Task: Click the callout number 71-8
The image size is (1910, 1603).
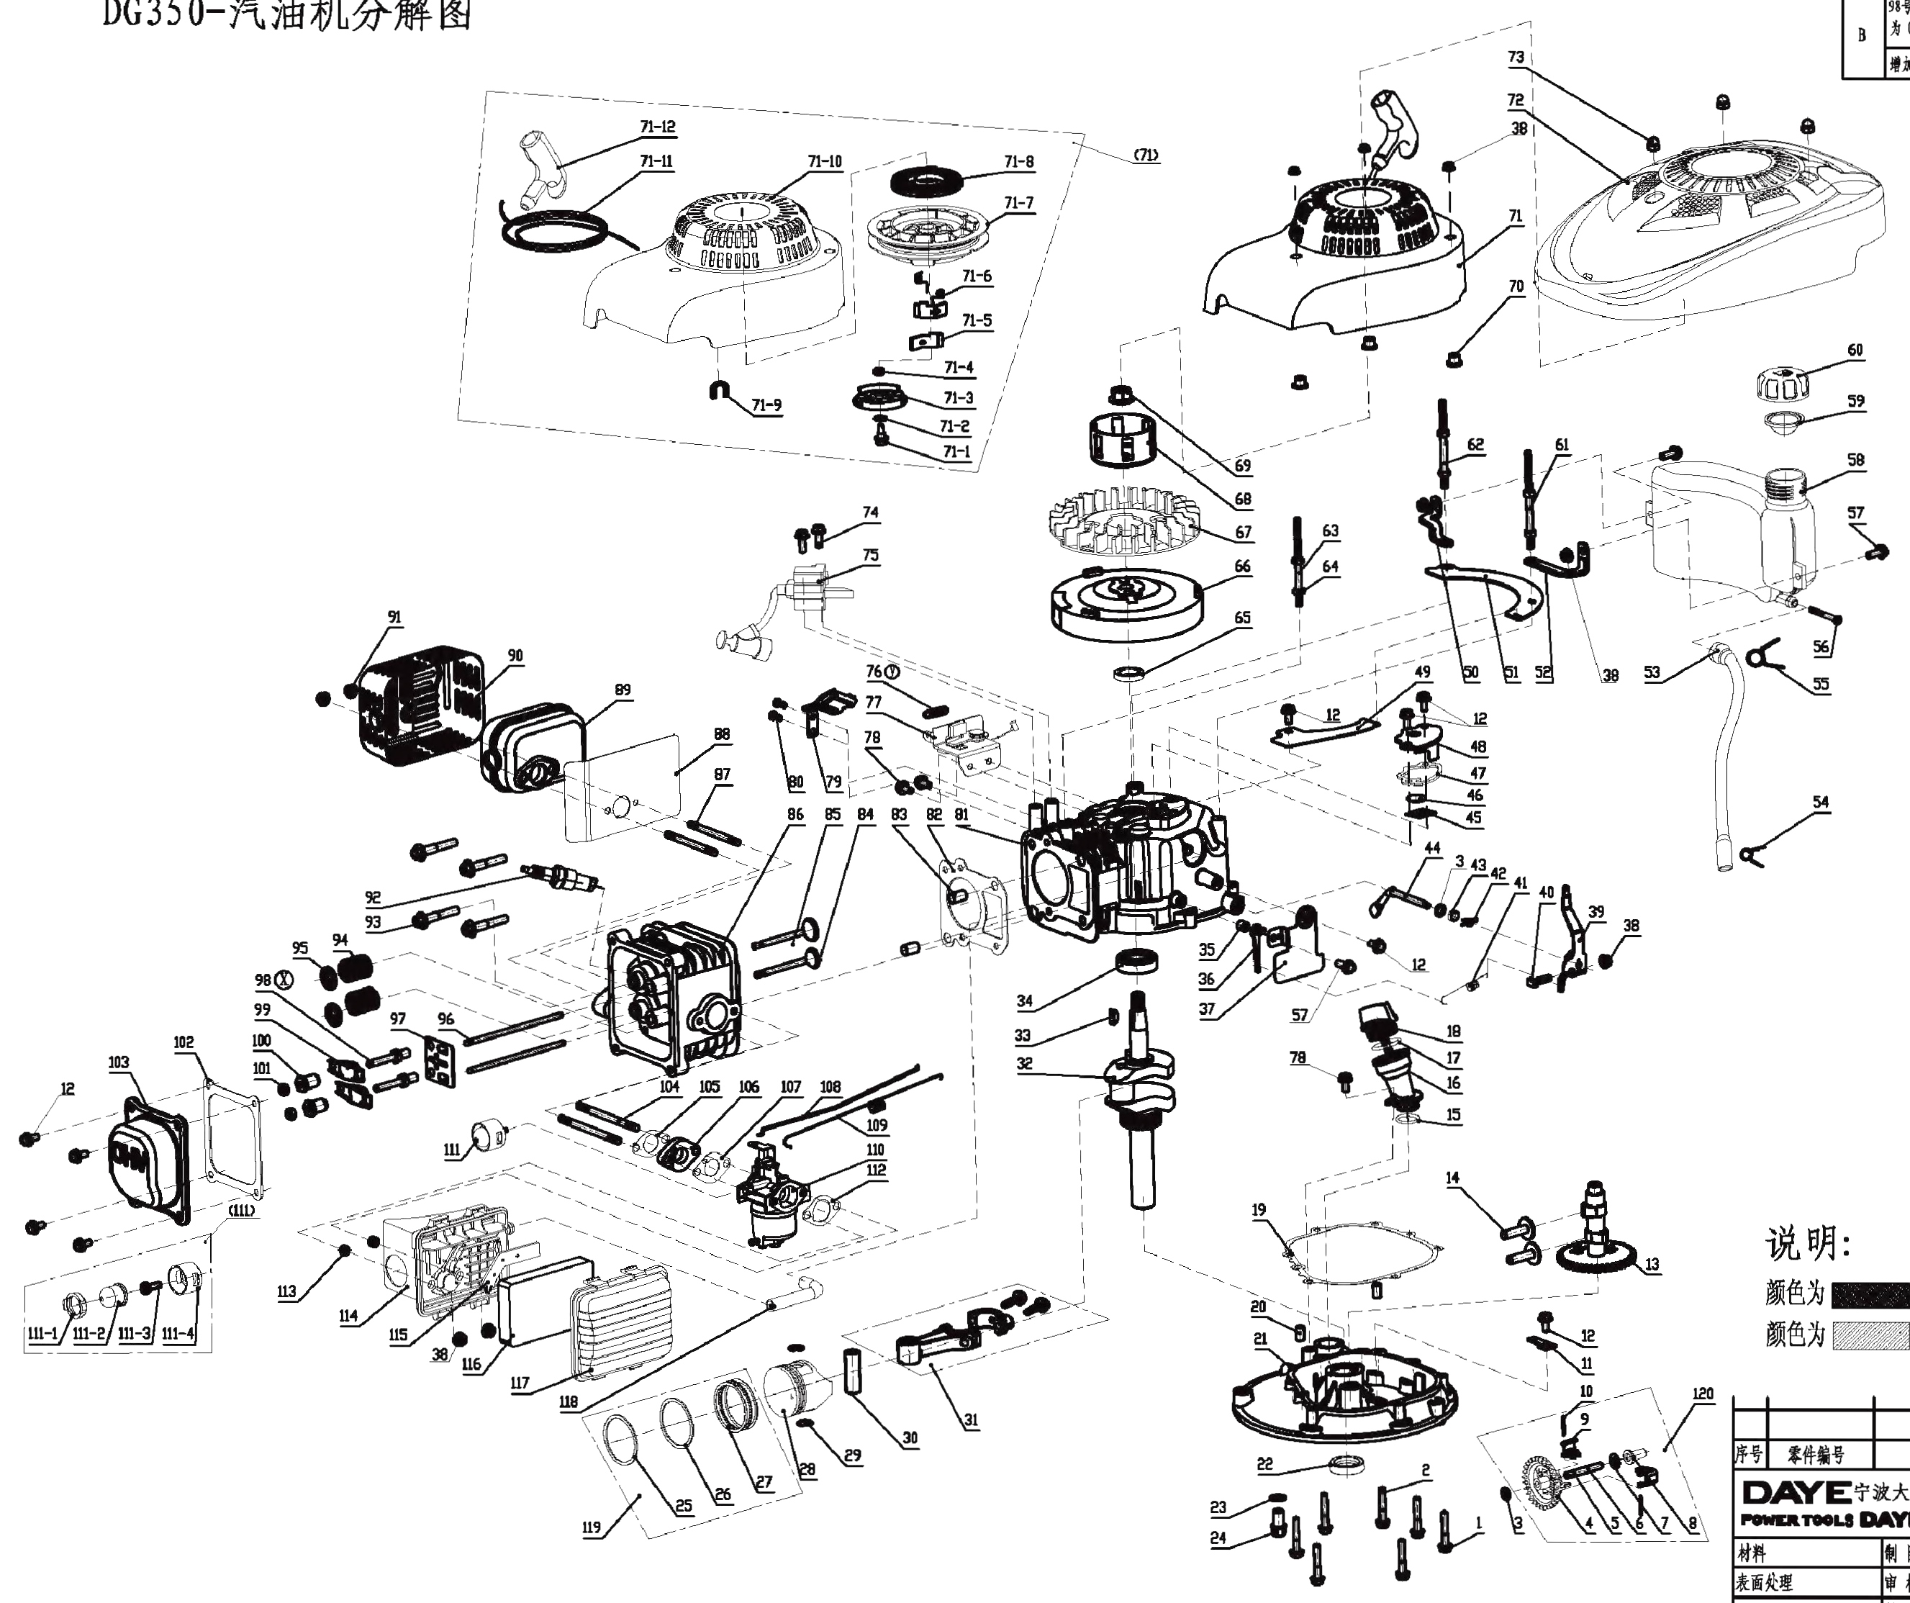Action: click(1018, 162)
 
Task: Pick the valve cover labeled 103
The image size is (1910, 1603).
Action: click(145, 1165)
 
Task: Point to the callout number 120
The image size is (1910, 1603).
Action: click(1703, 1394)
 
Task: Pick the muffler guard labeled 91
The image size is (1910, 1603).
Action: click(418, 705)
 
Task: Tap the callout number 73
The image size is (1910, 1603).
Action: click(1516, 58)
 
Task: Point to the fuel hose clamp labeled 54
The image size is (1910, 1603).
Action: click(1747, 854)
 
